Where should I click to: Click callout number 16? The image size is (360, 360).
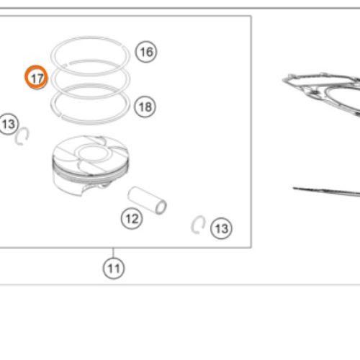146,52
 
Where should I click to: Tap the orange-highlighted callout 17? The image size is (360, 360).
36,77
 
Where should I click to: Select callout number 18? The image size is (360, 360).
145,107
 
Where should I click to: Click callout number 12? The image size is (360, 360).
132,218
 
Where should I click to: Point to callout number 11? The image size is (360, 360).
114,269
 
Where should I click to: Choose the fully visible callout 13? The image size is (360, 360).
221,228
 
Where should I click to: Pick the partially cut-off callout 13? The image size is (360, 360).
9,124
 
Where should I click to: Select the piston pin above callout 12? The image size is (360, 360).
147,200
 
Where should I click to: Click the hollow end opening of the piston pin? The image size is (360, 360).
161,207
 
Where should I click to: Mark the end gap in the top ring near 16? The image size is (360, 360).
124,46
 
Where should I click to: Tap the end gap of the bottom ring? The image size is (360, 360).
60,115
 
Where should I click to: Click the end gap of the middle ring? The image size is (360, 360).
67,64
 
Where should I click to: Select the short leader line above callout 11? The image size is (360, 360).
113,253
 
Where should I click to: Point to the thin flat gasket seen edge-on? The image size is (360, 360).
326,192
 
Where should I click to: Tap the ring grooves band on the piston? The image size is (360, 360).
91,173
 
